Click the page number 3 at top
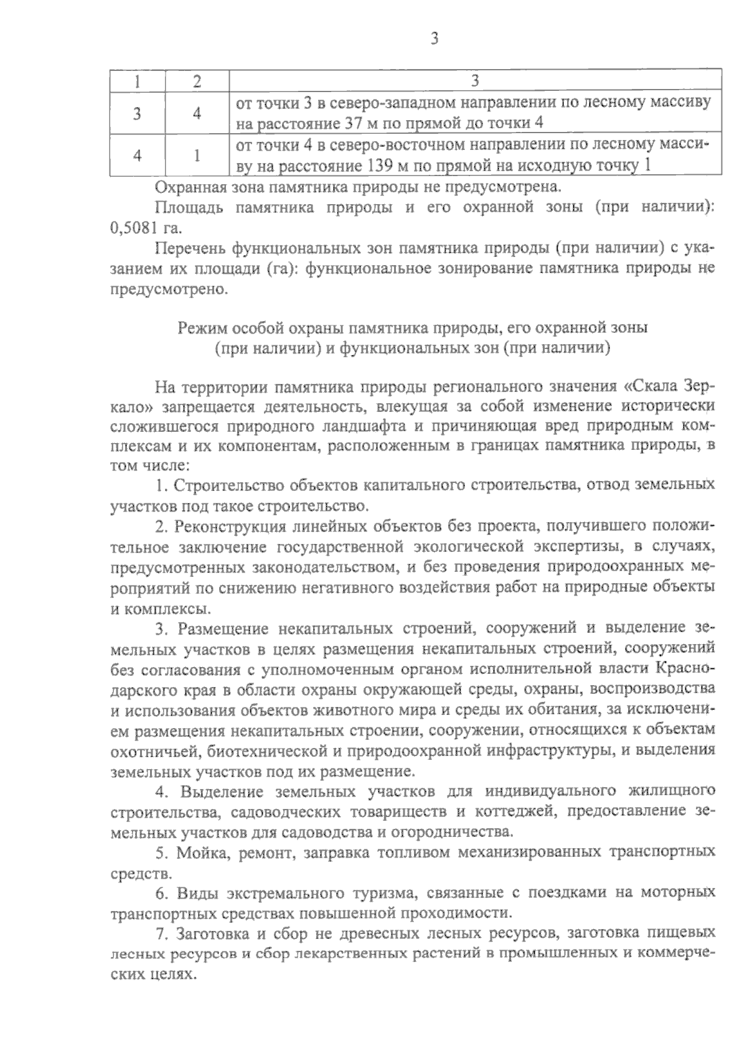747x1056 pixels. (434, 39)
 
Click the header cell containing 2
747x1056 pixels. (197, 81)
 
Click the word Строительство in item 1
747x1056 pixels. (226, 484)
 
